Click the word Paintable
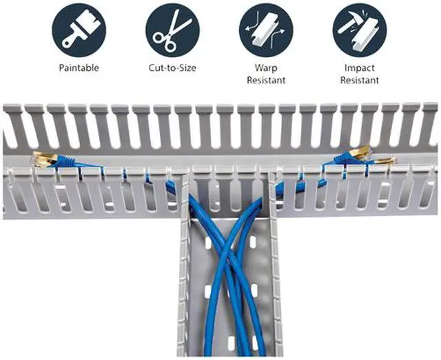pyautogui.click(x=79, y=67)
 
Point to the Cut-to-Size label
pyautogui.click(x=172, y=67)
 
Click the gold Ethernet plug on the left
pyautogui.click(x=42, y=160)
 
